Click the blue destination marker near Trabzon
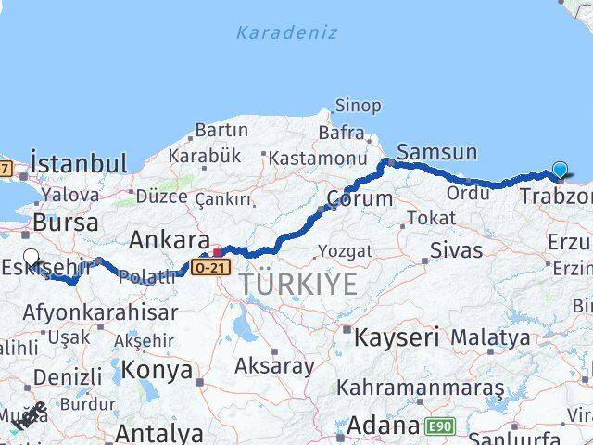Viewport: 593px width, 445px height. coord(560,170)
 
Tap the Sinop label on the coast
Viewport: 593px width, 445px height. coord(358,106)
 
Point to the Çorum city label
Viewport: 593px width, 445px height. coord(360,198)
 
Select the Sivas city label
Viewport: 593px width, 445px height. coord(457,249)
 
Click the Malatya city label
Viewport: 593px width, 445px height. coord(491,337)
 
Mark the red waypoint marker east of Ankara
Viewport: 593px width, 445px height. coord(219,250)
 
